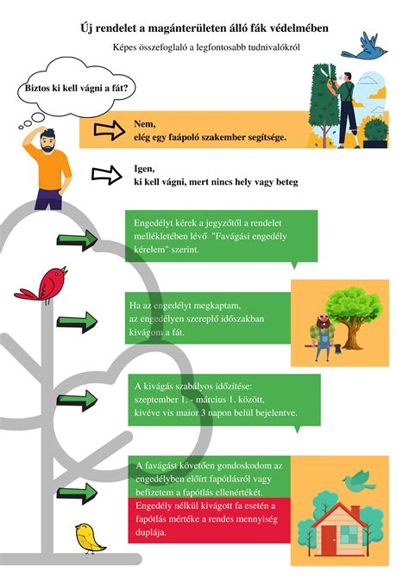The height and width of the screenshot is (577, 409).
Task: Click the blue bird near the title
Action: [363, 47]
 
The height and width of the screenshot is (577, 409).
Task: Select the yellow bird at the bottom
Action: [89, 538]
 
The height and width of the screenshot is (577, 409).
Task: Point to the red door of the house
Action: [329, 540]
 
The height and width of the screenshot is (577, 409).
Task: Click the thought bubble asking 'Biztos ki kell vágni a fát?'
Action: [77, 88]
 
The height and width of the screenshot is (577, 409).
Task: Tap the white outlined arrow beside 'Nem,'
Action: [110, 130]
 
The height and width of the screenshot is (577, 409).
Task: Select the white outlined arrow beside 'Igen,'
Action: [107, 175]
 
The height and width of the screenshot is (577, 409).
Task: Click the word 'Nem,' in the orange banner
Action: [145, 124]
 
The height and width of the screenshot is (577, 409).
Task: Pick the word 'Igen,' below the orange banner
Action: [144, 169]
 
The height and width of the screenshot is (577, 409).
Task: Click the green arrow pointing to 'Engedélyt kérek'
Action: [77, 240]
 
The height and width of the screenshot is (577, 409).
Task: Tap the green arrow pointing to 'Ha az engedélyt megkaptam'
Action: [77, 322]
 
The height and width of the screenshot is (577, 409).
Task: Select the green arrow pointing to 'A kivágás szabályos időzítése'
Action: [77, 400]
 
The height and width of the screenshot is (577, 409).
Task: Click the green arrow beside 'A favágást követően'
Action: [77, 493]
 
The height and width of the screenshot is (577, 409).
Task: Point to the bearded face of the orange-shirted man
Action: [48, 143]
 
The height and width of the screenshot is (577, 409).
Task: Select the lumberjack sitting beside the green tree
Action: [323, 337]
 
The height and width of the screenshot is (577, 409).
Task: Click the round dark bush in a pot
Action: [376, 132]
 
